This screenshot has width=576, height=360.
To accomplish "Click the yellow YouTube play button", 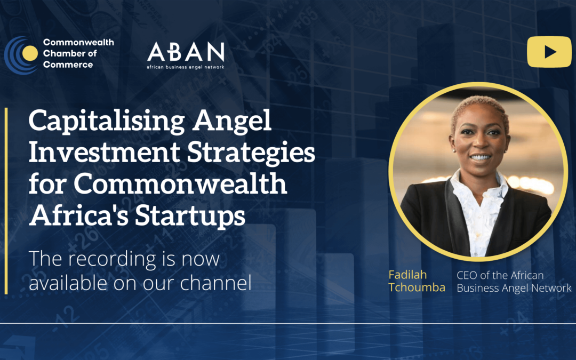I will point(549,52).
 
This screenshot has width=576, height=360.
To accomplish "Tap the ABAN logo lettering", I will point(186,52).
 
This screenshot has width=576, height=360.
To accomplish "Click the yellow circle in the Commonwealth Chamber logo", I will point(31,53).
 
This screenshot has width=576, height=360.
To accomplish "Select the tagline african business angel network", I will point(186,67).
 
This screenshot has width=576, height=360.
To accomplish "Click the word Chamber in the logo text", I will point(62,53).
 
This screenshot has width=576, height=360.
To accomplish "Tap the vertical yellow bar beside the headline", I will point(6,201).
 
